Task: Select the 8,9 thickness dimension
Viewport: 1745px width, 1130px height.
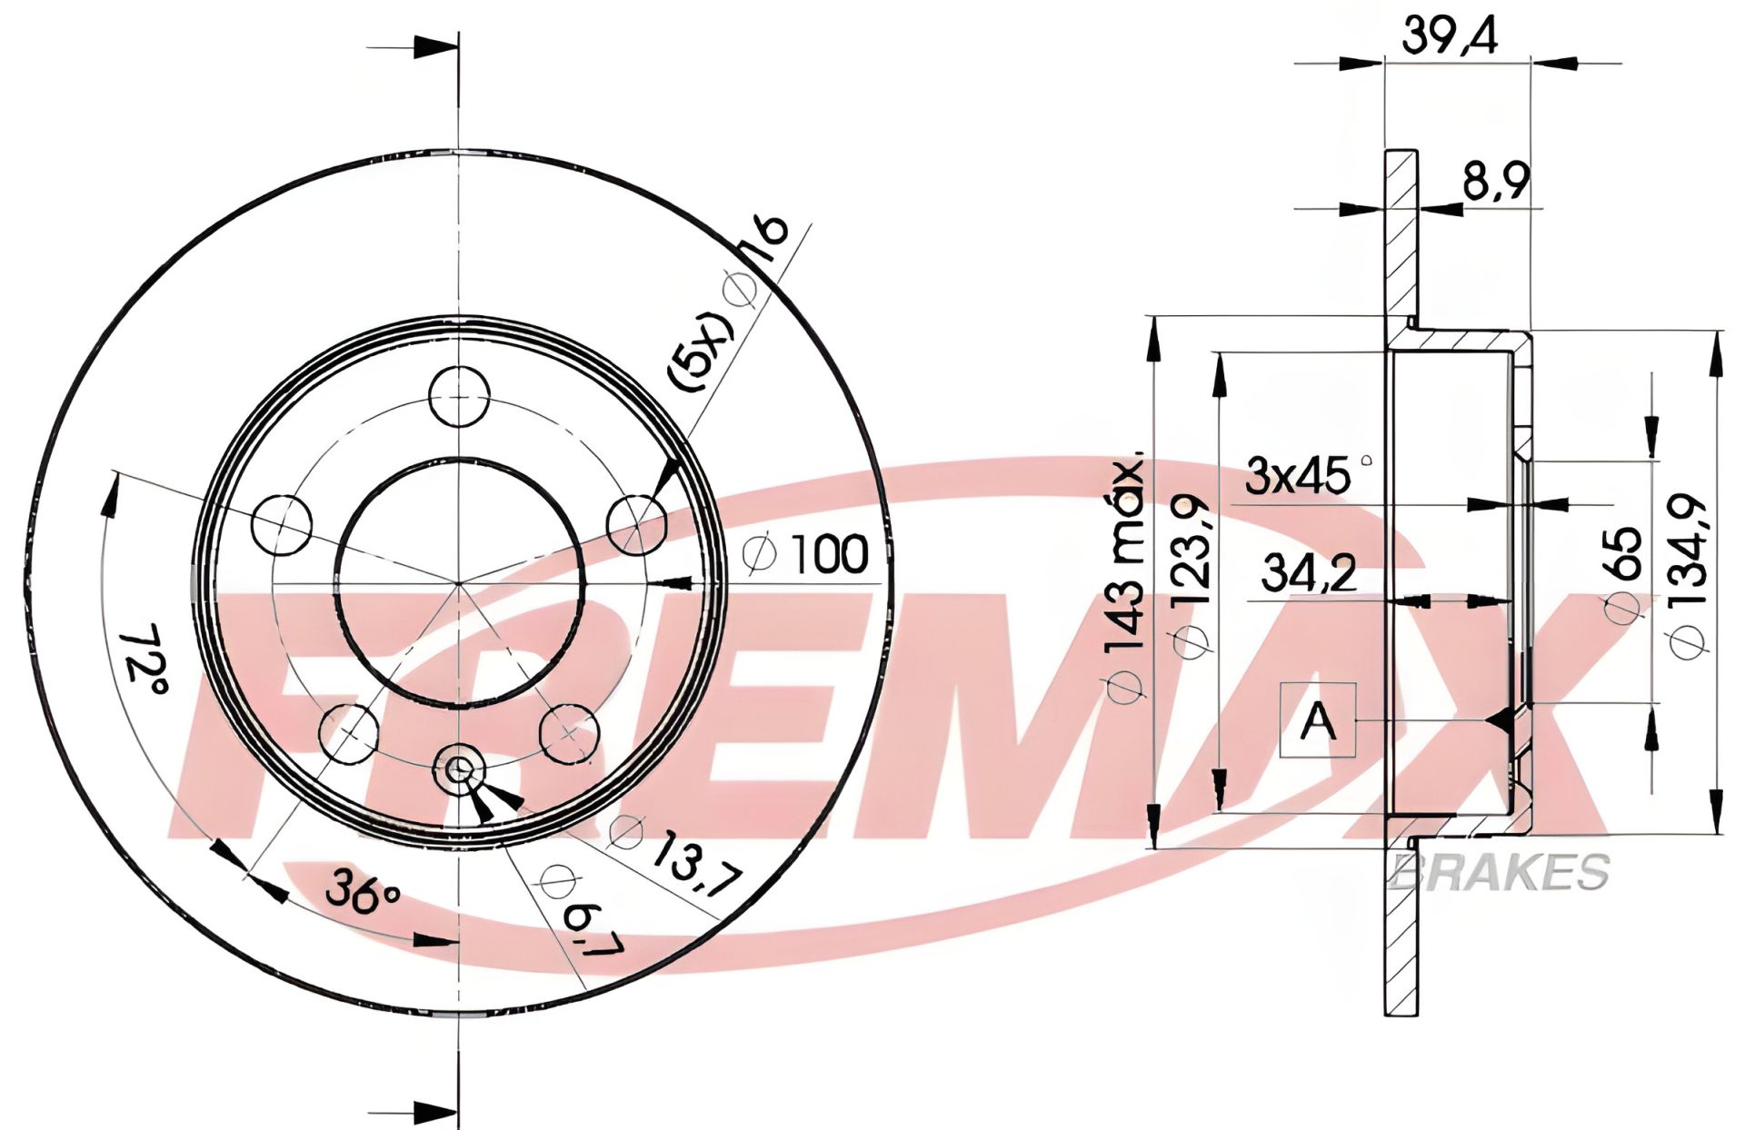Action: coord(1496,183)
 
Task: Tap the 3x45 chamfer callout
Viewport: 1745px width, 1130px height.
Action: coord(1306,476)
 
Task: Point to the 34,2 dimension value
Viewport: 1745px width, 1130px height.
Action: coord(1309,574)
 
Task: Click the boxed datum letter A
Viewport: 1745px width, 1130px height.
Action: coord(1318,721)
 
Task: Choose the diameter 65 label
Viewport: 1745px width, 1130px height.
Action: coord(1623,575)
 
